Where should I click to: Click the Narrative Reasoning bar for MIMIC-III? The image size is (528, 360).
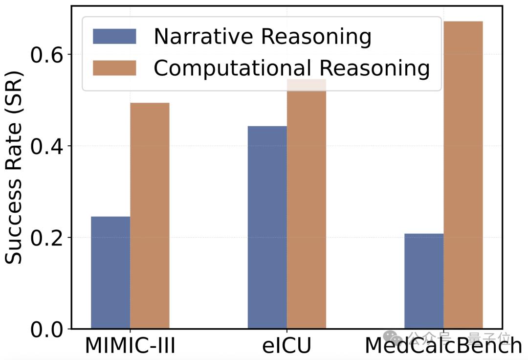(x=110, y=272)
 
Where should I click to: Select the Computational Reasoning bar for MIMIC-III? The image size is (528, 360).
(x=150, y=216)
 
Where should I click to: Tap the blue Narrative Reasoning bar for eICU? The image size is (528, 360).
(x=267, y=227)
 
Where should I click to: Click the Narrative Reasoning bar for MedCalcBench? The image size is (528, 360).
(x=424, y=281)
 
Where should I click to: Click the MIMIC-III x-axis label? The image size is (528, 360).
(x=130, y=346)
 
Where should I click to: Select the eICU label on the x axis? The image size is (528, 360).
(x=286, y=346)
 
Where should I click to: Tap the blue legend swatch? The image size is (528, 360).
(x=114, y=36)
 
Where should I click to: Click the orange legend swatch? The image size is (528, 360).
(x=114, y=68)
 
